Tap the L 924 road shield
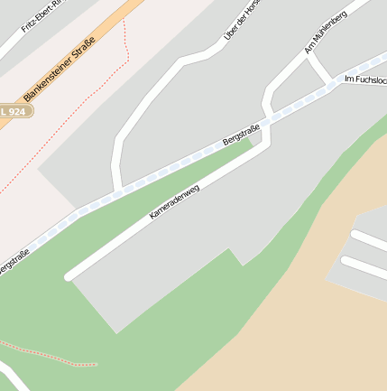coord(17,110)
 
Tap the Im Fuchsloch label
coord(365,79)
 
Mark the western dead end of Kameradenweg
coord(69,275)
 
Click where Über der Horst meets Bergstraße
coord(117,190)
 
